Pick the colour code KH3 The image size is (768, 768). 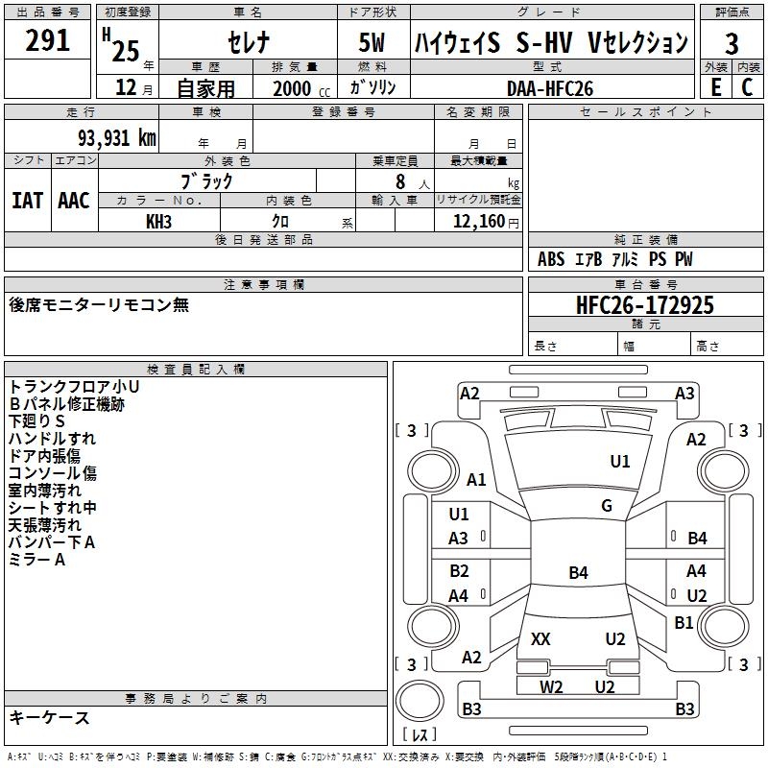pos(158,221)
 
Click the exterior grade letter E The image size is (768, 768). pos(715,87)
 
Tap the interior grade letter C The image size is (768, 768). pos(747,87)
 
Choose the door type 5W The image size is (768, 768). pos(373,43)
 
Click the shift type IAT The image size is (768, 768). pos(27,200)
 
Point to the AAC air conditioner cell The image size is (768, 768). pos(74,200)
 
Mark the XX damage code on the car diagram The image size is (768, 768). pos(540,639)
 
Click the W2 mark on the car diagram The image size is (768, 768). pos(551,686)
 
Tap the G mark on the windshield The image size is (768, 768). pos(607,506)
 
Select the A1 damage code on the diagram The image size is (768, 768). pos(476,480)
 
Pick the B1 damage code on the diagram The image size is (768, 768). pos(684,623)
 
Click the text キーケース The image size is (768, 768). pos(49,717)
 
